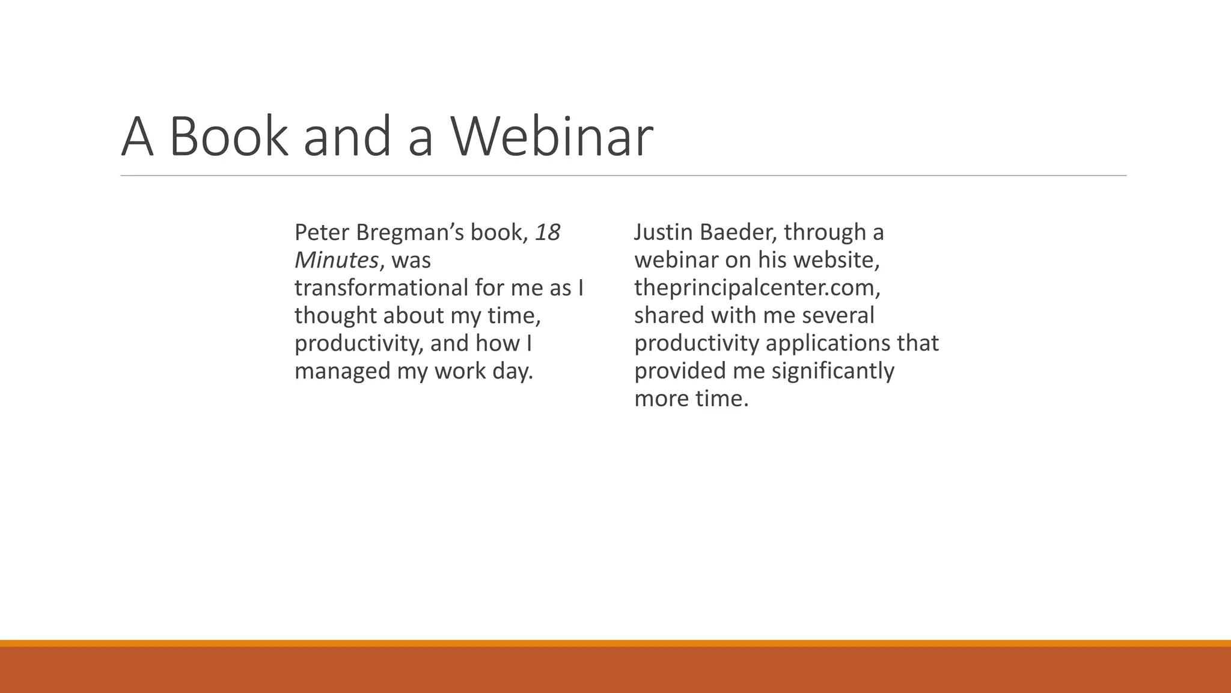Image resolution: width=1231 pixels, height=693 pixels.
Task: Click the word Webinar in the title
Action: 552,137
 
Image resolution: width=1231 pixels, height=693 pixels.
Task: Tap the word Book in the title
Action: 228,137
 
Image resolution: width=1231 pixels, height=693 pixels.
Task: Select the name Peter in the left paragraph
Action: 322,233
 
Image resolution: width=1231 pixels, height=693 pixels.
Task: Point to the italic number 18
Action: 547,233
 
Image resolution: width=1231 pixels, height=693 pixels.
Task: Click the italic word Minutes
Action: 336,260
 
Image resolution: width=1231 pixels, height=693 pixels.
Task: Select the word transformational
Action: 381,288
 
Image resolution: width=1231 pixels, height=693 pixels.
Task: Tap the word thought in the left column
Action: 335,316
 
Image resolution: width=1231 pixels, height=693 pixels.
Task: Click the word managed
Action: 342,371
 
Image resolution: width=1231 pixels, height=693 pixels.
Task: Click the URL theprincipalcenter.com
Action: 757,288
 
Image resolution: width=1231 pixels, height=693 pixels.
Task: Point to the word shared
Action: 669,316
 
